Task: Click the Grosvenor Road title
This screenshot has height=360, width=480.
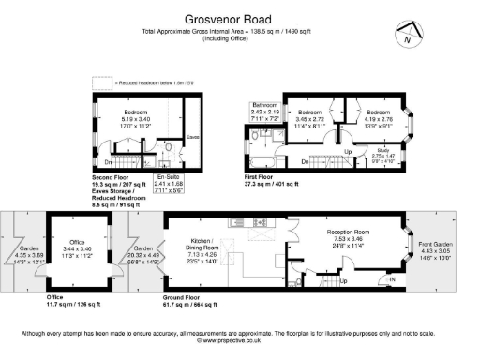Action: tap(239, 17)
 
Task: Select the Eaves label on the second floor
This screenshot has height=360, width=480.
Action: tap(193, 136)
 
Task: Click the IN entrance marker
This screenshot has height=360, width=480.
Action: tap(392, 278)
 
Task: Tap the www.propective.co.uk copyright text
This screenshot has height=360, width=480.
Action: tap(239, 341)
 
